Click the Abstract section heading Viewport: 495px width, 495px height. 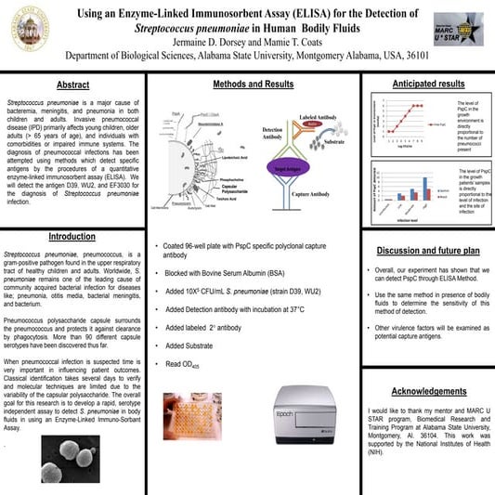pyautogui.click(x=72, y=85)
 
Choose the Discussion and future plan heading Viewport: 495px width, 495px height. pyautogui.click(x=427, y=251)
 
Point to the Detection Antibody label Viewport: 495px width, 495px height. pyautogui.click(x=273, y=135)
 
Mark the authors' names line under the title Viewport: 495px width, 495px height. pyautogui.click(x=244, y=42)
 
